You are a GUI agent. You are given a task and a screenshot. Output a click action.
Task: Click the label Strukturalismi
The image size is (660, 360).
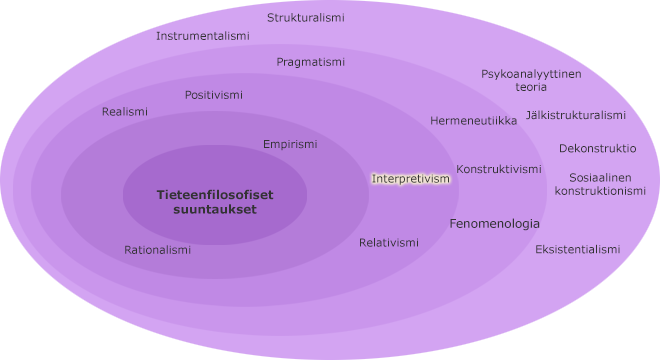tap(306, 18)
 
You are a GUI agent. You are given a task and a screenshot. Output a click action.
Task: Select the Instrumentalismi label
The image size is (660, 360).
tap(203, 36)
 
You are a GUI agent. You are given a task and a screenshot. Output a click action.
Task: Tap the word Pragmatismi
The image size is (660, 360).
tap(311, 62)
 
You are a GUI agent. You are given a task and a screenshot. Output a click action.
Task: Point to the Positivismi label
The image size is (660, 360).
tap(214, 95)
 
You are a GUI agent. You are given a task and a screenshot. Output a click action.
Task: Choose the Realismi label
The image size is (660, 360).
tap(125, 112)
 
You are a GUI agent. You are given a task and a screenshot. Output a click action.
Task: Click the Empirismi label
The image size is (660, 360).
tap(290, 144)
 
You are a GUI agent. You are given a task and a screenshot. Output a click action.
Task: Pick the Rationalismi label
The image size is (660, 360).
tap(157, 250)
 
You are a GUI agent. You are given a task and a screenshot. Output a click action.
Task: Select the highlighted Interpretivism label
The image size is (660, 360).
tap(411, 179)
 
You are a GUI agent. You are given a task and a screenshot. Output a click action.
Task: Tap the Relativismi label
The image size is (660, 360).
tap(389, 243)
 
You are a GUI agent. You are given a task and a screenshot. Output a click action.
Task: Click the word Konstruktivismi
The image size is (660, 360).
tap(499, 169)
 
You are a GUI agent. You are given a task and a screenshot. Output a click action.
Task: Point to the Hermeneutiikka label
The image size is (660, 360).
tap(474, 121)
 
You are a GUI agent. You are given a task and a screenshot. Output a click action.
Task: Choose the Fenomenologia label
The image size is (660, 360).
tap(494, 224)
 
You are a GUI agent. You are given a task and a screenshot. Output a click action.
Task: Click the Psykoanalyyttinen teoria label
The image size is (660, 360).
tap(531, 80)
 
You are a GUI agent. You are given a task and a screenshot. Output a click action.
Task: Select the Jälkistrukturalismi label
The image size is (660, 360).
tap(576, 115)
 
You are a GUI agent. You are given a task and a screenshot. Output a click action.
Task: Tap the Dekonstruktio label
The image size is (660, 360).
tap(598, 148)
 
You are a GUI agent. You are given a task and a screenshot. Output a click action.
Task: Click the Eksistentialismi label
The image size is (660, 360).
tap(578, 249)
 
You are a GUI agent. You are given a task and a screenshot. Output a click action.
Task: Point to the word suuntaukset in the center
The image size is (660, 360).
tap(214, 210)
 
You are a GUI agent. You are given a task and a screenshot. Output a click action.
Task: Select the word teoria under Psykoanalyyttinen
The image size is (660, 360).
tap(531, 87)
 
